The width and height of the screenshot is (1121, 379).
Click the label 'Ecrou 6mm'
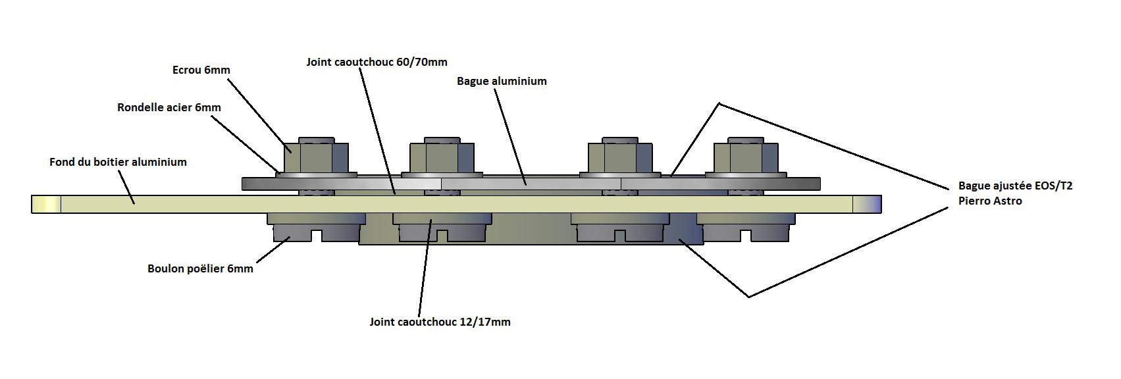tap(201, 70)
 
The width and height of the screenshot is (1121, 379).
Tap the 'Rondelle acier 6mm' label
tap(169, 107)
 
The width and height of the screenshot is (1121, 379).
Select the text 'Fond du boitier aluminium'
tap(118, 162)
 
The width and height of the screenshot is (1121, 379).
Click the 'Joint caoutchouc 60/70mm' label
tap(377, 63)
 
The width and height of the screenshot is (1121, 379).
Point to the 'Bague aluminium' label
tap(502, 82)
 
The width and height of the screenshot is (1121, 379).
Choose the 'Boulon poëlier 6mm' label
tap(200, 268)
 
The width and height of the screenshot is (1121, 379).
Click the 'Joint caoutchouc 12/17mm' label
tap(440, 322)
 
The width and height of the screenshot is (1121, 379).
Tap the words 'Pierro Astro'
tap(990, 201)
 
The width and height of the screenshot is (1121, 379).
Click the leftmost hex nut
tap(317, 157)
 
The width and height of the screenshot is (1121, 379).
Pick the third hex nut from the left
tap(620, 157)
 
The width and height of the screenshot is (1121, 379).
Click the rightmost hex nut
tap(746, 157)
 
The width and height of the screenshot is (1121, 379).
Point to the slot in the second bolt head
tap(442, 235)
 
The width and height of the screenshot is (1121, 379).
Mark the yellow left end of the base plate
tap(46, 204)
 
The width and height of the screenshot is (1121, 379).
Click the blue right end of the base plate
tap(867, 204)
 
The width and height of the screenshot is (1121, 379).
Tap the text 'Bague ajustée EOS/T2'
tap(1015, 186)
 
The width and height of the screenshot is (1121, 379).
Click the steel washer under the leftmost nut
tap(317, 176)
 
